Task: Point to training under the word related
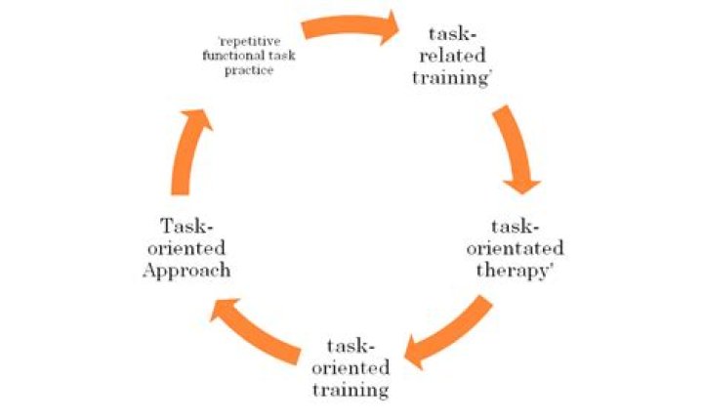[x=450, y=77]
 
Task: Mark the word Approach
[x=186, y=270]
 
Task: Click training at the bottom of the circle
[x=351, y=390]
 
